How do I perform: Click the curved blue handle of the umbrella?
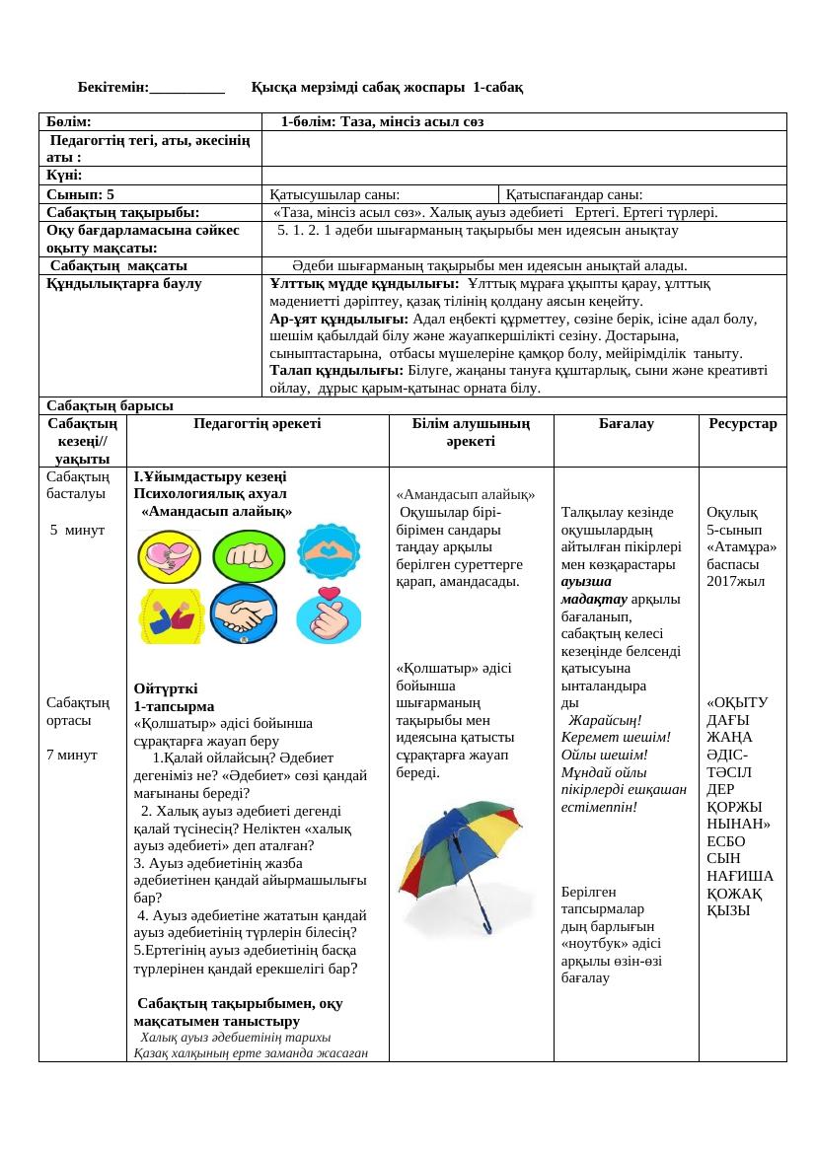(x=487, y=923)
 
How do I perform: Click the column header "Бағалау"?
(x=627, y=424)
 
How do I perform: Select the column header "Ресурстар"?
(x=742, y=424)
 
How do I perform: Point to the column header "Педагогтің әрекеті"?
(x=258, y=424)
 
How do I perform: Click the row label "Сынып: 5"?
(x=87, y=194)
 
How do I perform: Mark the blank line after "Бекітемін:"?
(x=187, y=88)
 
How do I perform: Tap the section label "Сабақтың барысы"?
(x=110, y=405)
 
